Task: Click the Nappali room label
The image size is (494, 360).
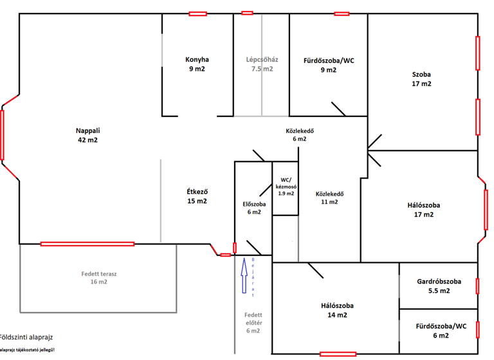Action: [x=87, y=135]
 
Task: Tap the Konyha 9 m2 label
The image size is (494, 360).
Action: [x=197, y=64]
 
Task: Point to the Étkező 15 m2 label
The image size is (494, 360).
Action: [x=197, y=196]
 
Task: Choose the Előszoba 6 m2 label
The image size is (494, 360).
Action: [x=253, y=208]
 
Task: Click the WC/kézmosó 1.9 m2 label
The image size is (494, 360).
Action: [x=286, y=186]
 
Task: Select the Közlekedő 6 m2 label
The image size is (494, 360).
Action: [x=300, y=134]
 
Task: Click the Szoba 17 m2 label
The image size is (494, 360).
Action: [x=422, y=78]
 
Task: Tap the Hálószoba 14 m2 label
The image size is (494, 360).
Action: [x=337, y=310]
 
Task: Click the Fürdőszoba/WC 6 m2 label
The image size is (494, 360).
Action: [x=440, y=330]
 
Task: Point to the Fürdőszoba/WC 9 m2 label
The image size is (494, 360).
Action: [x=329, y=66]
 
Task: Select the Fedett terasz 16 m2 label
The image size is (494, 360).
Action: [x=98, y=277]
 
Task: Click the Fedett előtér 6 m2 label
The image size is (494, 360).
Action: [x=253, y=323]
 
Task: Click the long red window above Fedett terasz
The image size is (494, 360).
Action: [x=87, y=244]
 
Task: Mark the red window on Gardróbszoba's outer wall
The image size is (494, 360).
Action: [x=477, y=285]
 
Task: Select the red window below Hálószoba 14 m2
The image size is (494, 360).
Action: [x=338, y=354]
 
